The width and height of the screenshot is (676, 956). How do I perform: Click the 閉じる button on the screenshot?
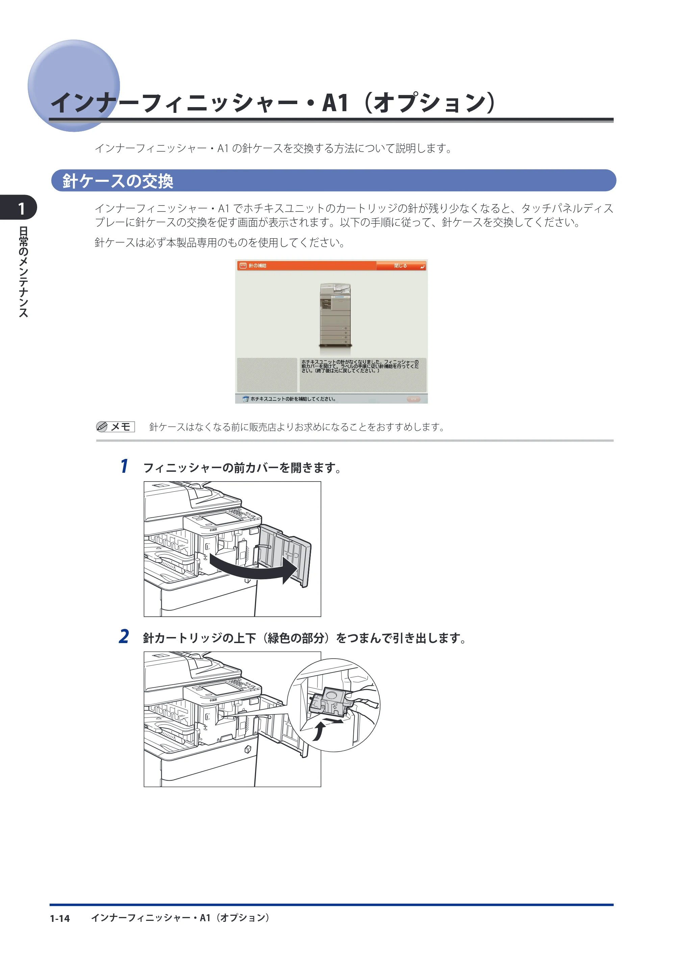coord(401,266)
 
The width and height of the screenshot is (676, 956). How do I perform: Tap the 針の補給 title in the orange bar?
coord(258,266)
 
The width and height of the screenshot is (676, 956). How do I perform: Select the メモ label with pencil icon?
coord(115,427)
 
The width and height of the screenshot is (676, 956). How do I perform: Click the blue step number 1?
coord(124,466)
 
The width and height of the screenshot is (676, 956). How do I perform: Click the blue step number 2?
coord(124,637)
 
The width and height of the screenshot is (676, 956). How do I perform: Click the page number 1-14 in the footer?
coord(60,918)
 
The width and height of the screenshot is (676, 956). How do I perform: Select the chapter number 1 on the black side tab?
coord(22,209)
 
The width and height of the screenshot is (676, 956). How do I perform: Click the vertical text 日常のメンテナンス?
coord(23,272)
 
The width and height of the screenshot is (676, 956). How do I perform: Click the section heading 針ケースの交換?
coord(118,181)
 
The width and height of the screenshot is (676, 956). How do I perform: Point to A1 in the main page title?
coord(335,102)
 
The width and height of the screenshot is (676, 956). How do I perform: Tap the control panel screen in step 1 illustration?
coord(221,519)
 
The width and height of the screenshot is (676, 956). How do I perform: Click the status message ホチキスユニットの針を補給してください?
coord(293,399)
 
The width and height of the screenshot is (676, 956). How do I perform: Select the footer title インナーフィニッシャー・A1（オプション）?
coord(181,918)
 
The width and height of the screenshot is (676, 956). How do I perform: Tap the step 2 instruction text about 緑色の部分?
coord(304,638)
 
